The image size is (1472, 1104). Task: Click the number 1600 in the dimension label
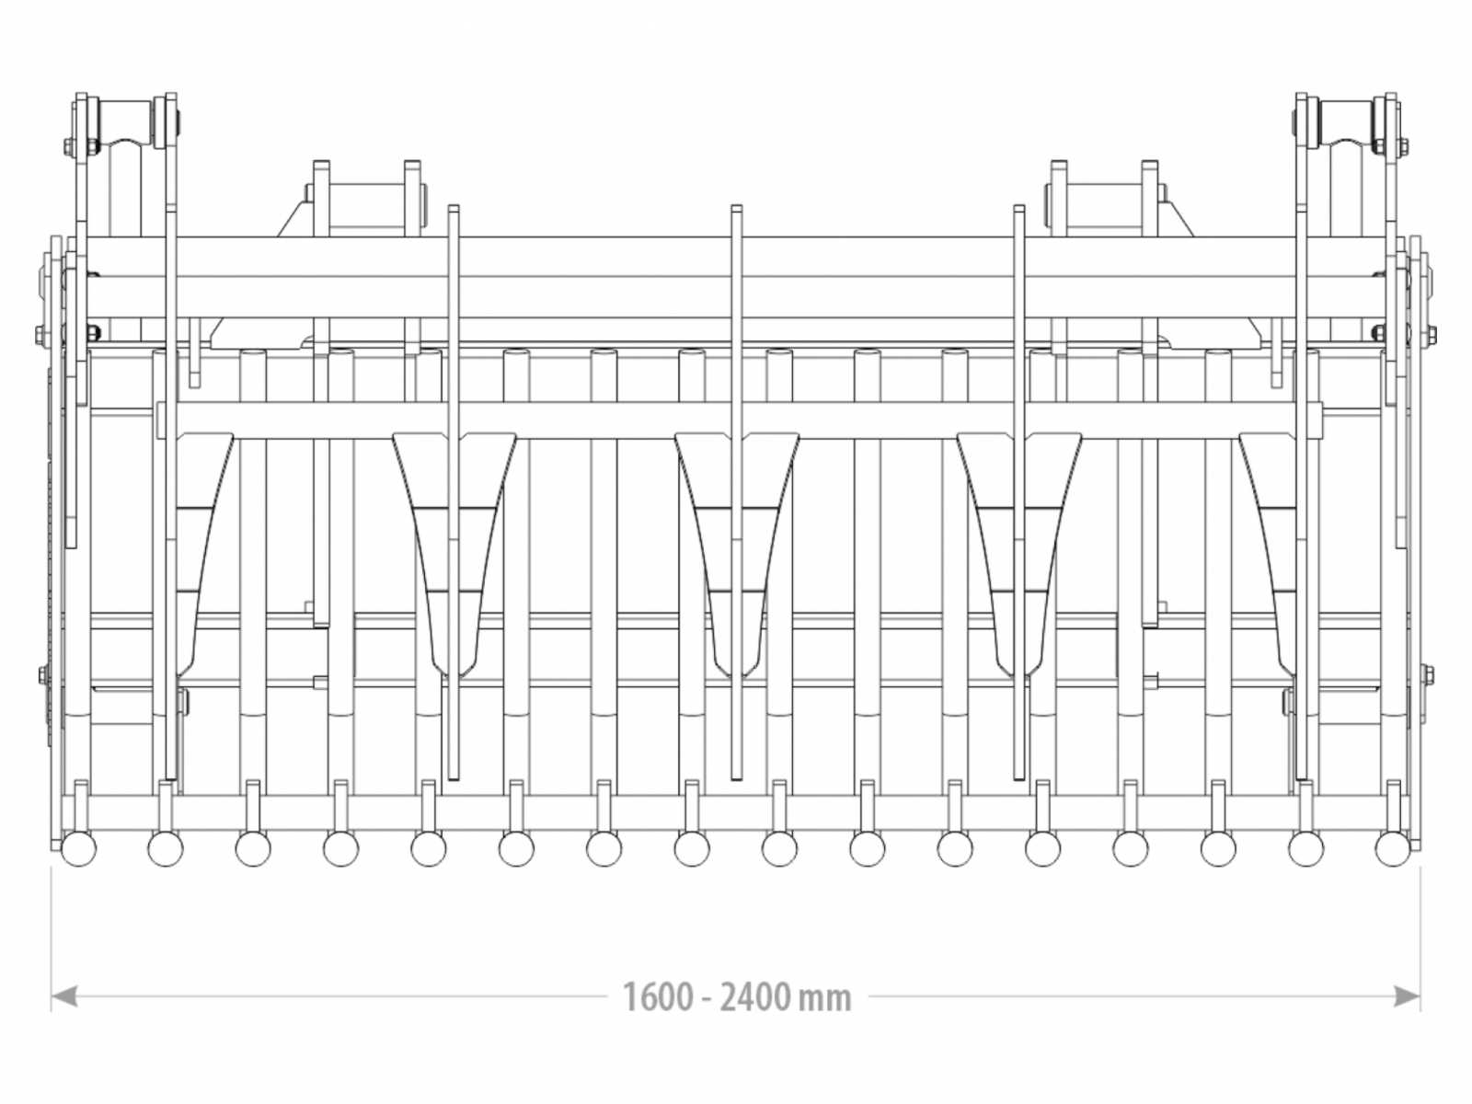[658, 997]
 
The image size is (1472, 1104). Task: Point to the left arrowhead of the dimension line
[63, 996]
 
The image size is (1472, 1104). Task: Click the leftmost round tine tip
[78, 849]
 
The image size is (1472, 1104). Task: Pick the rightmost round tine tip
[1393, 849]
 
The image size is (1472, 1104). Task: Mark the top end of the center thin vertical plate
[736, 206]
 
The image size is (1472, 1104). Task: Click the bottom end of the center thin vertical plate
[736, 777]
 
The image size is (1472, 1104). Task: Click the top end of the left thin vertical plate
[454, 206]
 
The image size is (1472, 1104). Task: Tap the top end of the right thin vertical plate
[1019, 206]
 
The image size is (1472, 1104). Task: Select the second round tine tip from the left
[165, 849]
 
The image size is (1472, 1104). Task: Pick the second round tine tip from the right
[1305, 849]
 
